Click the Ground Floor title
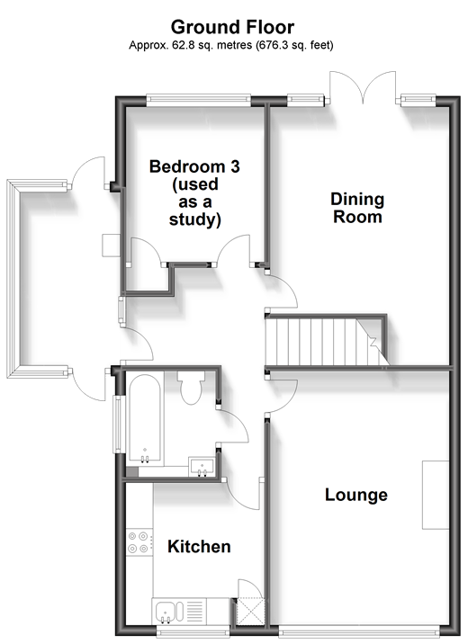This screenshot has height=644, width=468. tap(232, 28)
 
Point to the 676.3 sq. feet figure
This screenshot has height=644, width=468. tap(294, 45)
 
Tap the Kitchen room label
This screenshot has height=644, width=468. tap(199, 547)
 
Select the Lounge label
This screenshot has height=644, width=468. tap(356, 495)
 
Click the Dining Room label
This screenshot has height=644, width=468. tap(357, 208)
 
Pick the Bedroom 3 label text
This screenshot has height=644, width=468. tap(194, 166)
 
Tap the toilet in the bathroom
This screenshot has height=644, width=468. tap(191, 388)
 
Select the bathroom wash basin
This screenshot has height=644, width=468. tap(202, 467)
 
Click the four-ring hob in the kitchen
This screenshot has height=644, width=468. tap(138, 542)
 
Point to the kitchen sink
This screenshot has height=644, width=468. tap(167, 612)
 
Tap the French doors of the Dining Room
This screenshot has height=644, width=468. tap(364, 87)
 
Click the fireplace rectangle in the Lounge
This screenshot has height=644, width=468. tap(436, 495)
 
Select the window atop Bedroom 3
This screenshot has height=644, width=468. tap(199, 99)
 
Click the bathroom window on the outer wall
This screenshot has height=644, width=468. tap(118, 424)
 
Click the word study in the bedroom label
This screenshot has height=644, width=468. tap(195, 219)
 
